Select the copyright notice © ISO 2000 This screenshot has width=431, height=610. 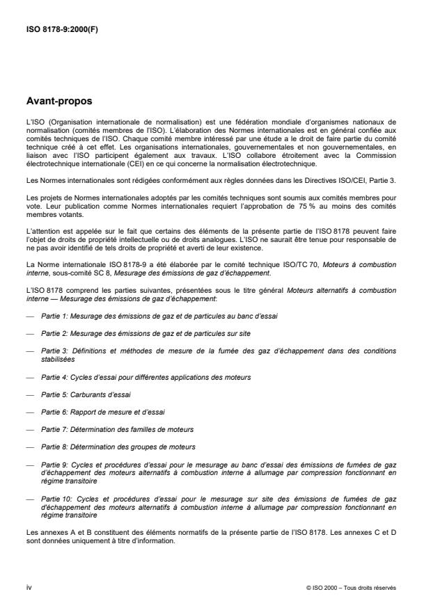click(x=350, y=588)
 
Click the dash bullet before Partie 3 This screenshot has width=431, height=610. click(x=30, y=351)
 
